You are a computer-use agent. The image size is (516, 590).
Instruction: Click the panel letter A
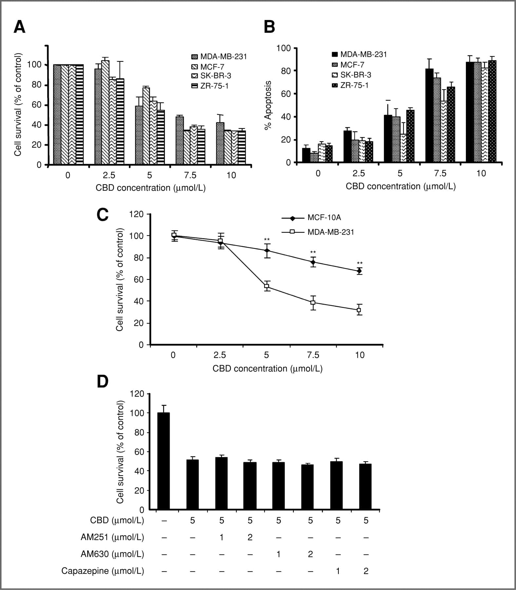(20, 27)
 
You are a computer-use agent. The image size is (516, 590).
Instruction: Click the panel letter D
(103, 382)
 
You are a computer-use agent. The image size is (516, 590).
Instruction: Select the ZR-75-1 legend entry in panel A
(210, 86)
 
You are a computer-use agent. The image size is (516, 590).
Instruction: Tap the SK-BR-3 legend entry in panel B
(352, 75)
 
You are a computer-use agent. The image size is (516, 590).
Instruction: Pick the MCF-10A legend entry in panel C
(311, 218)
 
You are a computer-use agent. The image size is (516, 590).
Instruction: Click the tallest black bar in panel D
(163, 461)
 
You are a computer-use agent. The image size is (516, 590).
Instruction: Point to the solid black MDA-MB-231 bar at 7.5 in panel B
(429, 115)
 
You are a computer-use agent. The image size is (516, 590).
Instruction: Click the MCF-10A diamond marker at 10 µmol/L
(359, 271)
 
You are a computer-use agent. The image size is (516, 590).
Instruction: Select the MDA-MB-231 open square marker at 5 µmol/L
(267, 286)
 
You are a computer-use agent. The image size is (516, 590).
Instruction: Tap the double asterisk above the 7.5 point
(313, 252)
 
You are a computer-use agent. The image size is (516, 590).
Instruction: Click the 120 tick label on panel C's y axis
(137, 214)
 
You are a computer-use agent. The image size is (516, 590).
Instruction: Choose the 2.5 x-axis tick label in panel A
(109, 175)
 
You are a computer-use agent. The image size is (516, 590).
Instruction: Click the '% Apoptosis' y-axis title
(268, 105)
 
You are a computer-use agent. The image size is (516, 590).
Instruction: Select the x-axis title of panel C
(267, 368)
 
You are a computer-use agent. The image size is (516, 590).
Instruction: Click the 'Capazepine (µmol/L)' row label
(103, 571)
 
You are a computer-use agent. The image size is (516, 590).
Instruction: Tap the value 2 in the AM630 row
(310, 554)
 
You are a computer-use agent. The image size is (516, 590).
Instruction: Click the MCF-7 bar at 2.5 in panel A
(105, 112)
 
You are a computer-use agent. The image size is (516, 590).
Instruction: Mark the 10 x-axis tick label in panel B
(481, 173)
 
